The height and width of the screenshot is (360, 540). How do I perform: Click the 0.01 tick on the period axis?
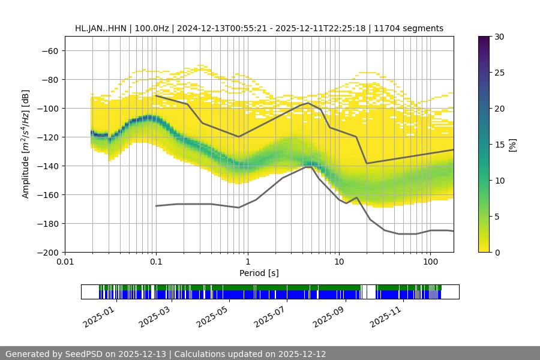pyautogui.click(x=65, y=262)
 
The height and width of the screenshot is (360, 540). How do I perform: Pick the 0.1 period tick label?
pyautogui.click(x=156, y=262)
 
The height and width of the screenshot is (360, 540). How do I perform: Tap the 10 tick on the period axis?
pyautogui.click(x=339, y=262)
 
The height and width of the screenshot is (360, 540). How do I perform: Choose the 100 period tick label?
pyautogui.click(x=430, y=262)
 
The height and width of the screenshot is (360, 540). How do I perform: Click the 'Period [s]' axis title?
pyautogui.click(x=259, y=273)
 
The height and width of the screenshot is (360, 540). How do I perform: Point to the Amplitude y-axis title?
pyautogui.click(x=26, y=144)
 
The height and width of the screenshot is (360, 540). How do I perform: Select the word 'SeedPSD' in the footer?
pyautogui.click(x=83, y=354)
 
